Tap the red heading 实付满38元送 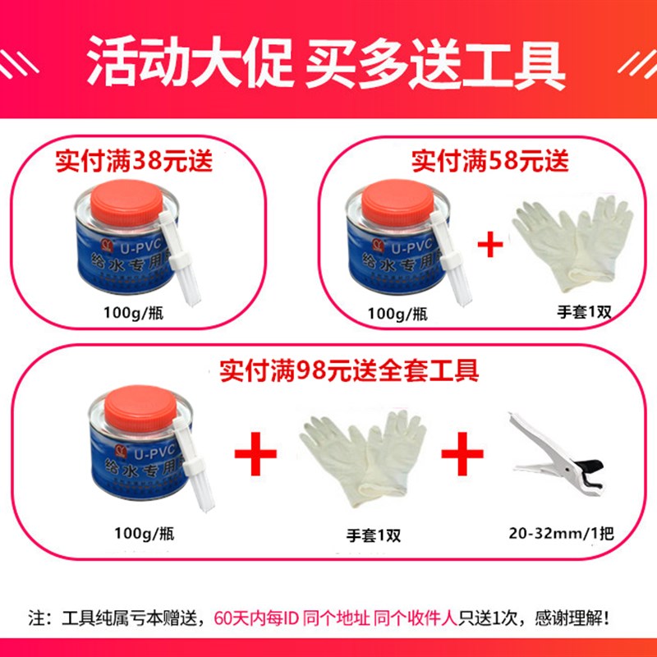[x=133, y=159]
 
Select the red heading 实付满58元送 [x=489, y=159]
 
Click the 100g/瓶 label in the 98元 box [x=145, y=532]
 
